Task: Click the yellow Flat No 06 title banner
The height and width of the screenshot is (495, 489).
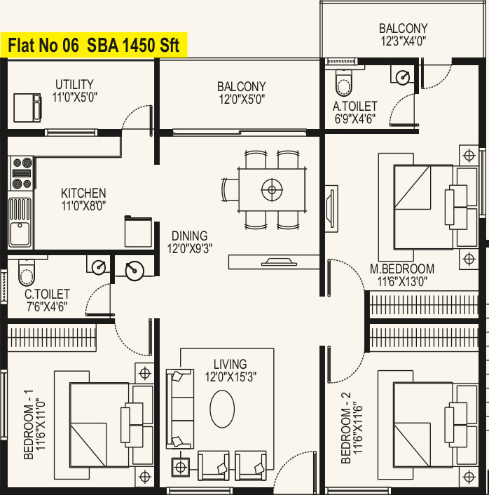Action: (x=94, y=45)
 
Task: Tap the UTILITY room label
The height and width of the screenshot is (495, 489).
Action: (x=74, y=85)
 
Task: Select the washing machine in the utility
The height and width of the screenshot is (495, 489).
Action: (x=27, y=108)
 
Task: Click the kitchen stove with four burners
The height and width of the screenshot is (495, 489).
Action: (x=22, y=173)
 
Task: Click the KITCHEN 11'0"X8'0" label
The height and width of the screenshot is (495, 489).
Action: (x=83, y=200)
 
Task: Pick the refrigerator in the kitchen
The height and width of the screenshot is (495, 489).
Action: (x=138, y=231)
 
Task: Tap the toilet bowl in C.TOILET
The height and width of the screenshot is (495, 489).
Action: (x=27, y=273)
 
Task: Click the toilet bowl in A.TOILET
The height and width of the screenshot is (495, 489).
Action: (x=343, y=83)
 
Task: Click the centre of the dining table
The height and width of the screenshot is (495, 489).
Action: (x=272, y=190)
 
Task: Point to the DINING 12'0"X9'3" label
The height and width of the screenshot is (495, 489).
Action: (x=190, y=242)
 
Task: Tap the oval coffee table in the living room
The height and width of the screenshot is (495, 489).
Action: (x=222, y=409)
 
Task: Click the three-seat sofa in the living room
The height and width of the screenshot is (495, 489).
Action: (x=179, y=409)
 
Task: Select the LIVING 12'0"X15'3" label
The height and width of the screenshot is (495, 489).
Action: (x=230, y=370)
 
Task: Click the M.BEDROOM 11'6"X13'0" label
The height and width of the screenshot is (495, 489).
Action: (x=402, y=275)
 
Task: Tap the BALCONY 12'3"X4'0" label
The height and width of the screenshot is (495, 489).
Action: (x=404, y=35)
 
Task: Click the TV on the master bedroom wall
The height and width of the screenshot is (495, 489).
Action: (x=330, y=208)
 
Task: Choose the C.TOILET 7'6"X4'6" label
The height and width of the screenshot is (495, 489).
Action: (x=47, y=300)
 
